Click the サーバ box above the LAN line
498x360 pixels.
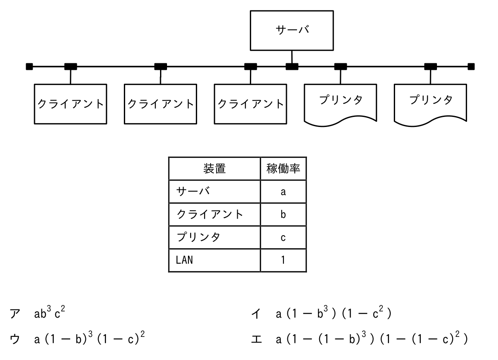pos(292,31)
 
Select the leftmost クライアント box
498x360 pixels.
pos(71,104)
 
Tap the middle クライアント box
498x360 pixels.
pos(160,104)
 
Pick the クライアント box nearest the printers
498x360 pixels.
pos(251,104)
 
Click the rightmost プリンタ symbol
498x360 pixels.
pos(430,105)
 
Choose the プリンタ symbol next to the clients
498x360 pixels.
pos(341,105)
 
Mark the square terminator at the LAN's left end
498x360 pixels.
pos(29,66)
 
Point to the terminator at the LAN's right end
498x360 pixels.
pos(471,66)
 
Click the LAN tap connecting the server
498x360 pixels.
pos(292,66)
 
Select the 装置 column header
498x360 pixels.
pos(215,168)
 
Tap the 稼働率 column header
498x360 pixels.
pos(283,168)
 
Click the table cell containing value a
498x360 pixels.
pos(283,192)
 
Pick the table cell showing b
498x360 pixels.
pos(283,215)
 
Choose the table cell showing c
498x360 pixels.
pos(283,237)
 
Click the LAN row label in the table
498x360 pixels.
pos(184,260)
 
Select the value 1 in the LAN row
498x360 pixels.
pos(283,260)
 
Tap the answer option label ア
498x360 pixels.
pos(15,314)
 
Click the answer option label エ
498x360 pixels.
pos(256,339)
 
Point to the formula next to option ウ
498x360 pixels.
pos(89,338)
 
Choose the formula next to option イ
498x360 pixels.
pos(334,313)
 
